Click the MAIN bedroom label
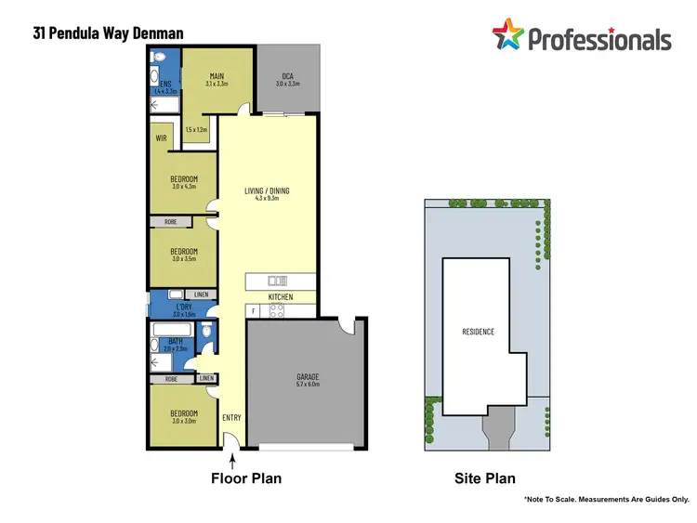coord(217,76)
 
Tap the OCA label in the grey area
coord(288,76)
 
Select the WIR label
coord(161,138)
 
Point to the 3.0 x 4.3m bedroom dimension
coord(183,187)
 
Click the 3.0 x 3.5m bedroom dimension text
coord(183,259)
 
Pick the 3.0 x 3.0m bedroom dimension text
coord(183,421)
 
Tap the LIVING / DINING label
coord(267,190)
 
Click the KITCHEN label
coord(281,297)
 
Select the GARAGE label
coord(307,377)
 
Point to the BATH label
coord(175,341)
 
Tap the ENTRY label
coord(231,418)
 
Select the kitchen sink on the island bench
coord(278,281)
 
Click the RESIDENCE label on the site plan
coord(478,332)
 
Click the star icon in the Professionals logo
coord(507,36)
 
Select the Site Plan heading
coord(483,479)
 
